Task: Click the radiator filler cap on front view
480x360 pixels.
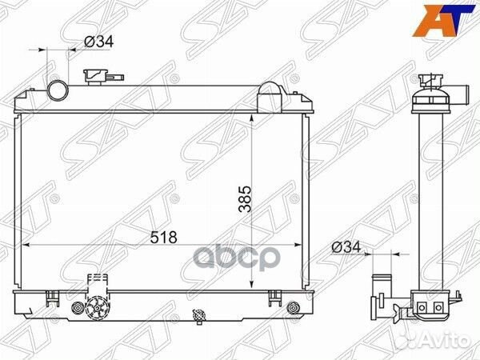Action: point(98,74)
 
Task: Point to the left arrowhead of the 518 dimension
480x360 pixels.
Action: point(22,244)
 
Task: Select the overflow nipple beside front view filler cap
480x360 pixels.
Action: point(118,76)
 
